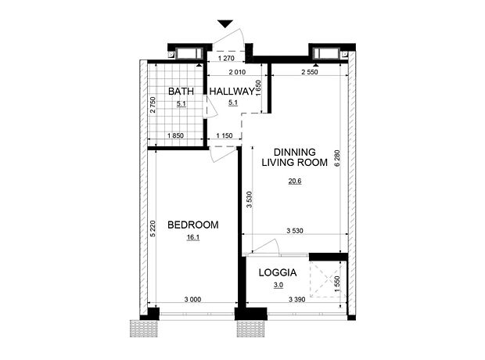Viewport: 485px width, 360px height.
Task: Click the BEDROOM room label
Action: pos(193,225)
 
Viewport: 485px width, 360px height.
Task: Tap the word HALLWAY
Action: pos(232,92)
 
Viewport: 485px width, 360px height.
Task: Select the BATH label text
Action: pos(181,92)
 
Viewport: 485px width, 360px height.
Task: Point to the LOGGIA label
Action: pos(278,272)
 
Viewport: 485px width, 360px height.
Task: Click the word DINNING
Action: pos(295,152)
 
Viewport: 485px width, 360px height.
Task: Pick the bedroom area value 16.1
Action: pos(193,237)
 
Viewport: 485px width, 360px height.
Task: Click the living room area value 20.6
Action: pos(295,181)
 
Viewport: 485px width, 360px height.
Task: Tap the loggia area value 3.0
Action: pos(278,285)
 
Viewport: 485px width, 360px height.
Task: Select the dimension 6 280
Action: pos(337,158)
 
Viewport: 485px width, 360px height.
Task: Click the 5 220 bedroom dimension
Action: pos(153,229)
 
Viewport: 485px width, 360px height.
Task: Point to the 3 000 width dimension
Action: pos(192,299)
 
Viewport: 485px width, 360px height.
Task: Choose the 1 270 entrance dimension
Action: pos(226,58)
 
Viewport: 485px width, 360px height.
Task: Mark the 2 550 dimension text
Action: pos(310,72)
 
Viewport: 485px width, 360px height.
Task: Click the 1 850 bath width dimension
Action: pos(176,135)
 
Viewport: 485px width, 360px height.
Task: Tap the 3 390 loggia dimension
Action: pos(297,299)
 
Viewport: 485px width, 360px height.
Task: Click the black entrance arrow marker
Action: pos(225,23)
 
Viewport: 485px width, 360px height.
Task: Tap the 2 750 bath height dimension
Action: pos(153,105)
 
